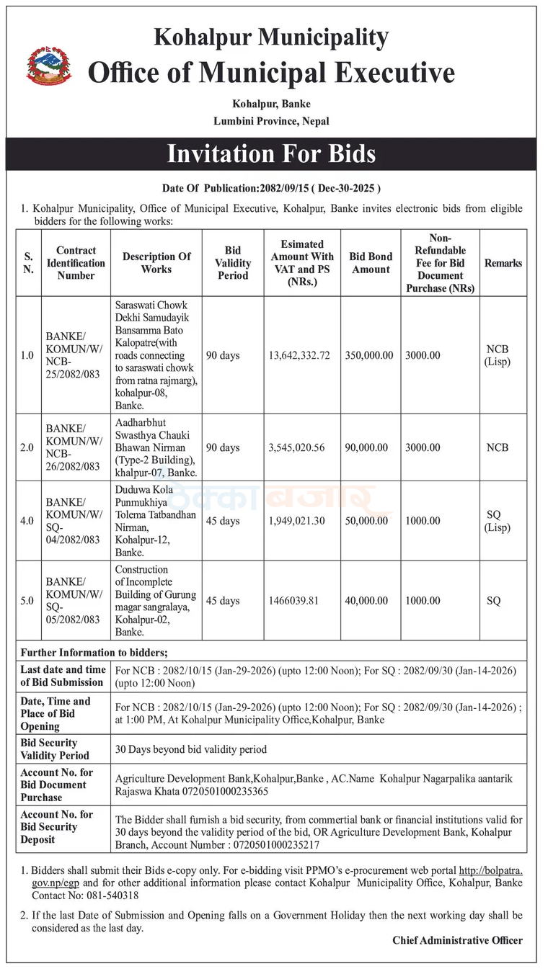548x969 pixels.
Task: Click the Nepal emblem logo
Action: [48, 66]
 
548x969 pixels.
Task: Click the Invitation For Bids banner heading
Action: [271, 153]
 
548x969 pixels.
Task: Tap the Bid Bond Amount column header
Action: [371, 263]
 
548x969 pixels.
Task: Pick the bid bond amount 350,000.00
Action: [369, 355]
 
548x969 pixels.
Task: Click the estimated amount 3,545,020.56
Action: [296, 447]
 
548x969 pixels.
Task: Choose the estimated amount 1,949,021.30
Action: [296, 521]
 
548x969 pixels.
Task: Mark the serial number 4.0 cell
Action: [27, 521]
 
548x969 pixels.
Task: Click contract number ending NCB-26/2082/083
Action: [74, 447]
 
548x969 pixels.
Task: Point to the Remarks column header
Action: [503, 263]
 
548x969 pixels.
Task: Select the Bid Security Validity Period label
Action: [55, 749]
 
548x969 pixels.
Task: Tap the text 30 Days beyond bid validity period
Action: [191, 749]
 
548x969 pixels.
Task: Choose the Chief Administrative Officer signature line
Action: [457, 940]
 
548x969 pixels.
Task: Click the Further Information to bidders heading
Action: [94, 653]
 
